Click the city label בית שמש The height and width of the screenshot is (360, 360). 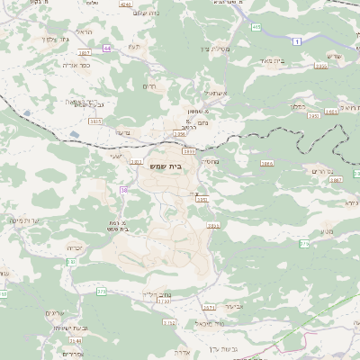[x=183, y=167]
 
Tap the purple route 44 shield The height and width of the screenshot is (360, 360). [x=107, y=48]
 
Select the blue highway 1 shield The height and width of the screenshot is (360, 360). [x=297, y=41]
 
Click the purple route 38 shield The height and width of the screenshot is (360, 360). [x=124, y=190]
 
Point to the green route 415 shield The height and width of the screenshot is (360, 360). [x=256, y=28]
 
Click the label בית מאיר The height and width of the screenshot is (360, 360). [x=272, y=60]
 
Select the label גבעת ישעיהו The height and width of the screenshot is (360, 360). [x=61, y=328]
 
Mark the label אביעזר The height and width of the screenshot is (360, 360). [x=234, y=306]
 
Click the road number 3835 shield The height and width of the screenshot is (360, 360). [x=94, y=120]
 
